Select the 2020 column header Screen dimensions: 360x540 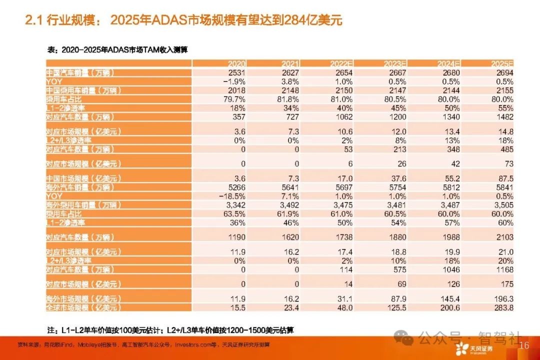point(236,64)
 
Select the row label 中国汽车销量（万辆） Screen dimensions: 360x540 point(80,73)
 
